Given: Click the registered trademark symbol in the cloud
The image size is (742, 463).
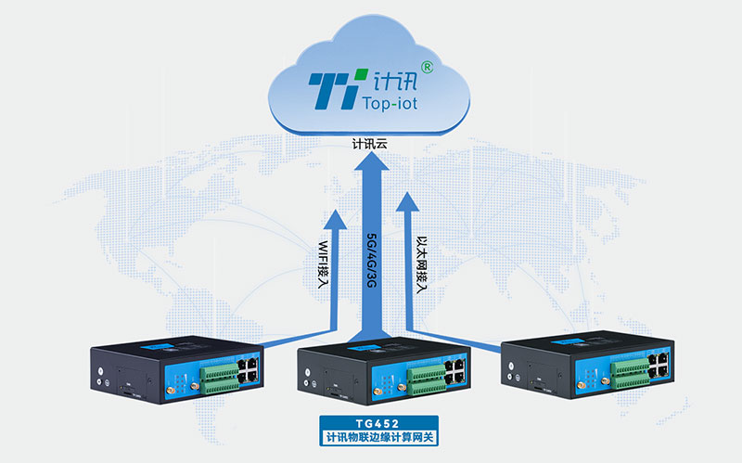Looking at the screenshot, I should (x=426, y=67).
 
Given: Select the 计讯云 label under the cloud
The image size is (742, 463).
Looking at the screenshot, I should (x=370, y=146).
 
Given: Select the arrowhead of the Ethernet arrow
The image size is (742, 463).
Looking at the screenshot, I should (x=408, y=199).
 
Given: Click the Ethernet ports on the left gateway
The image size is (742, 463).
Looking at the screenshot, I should (x=249, y=367).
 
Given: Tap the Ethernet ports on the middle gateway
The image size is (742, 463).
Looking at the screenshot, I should (x=457, y=368).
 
